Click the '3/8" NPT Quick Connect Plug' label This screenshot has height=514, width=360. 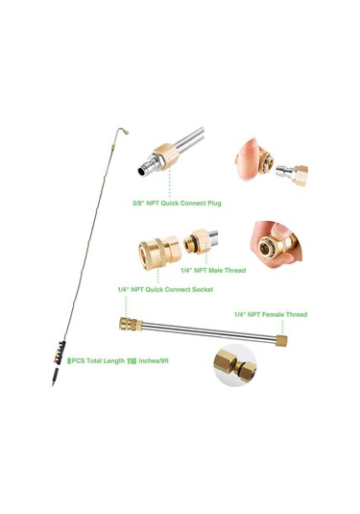[177, 204]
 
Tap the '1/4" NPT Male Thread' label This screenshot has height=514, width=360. [213, 270]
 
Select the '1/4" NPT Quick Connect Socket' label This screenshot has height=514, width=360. [165, 289]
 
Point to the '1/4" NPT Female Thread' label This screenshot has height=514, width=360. [271, 314]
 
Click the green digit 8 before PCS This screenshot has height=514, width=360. [69, 361]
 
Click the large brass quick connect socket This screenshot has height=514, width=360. [159, 253]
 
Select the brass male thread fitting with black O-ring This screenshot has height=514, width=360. [197, 241]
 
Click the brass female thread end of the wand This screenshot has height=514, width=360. [281, 341]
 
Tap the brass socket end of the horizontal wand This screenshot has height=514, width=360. [131, 324]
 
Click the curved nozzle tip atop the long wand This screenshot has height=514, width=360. [123, 131]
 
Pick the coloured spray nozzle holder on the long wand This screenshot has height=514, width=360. [60, 353]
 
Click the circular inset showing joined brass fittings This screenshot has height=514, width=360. [235, 365]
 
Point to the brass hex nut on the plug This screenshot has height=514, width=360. [166, 156]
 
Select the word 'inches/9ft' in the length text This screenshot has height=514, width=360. [154, 361]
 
